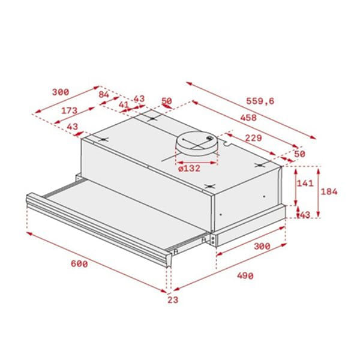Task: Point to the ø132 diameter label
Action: click(x=189, y=168)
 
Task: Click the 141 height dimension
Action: click(x=306, y=184)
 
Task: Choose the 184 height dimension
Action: click(x=329, y=191)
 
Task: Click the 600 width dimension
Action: click(x=78, y=265)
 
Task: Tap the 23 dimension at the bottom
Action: click(x=173, y=300)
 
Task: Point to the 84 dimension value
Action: click(x=104, y=94)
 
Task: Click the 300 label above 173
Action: click(x=60, y=92)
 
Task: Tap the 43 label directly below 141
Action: click(x=304, y=215)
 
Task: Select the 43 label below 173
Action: click(x=72, y=127)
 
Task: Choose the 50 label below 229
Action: click(x=299, y=154)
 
